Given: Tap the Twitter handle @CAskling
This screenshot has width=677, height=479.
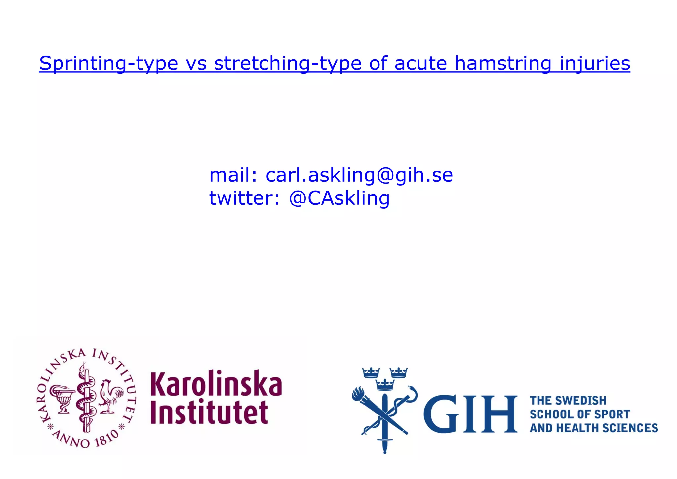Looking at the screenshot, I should point(339,198).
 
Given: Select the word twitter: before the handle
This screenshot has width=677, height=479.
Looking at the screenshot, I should point(244,198).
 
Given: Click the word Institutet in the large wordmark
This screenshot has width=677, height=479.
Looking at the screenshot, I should point(209,412).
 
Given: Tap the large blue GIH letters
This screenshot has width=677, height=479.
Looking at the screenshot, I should point(470,414).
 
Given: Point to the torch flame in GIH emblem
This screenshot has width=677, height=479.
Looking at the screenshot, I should point(358,394).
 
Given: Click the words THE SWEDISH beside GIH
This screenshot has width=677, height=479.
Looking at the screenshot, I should point(568,401).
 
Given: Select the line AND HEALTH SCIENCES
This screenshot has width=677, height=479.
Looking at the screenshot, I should point(594,428).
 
